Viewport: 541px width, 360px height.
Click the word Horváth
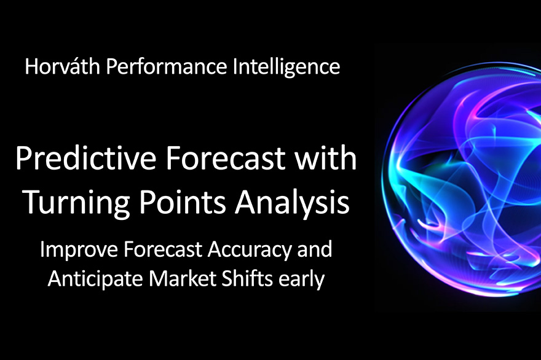(x=63, y=66)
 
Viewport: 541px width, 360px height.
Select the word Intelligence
(x=286, y=67)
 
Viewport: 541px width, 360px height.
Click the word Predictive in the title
(x=85, y=159)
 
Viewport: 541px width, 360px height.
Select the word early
(x=302, y=280)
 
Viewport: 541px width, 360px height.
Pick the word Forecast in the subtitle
(x=162, y=249)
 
